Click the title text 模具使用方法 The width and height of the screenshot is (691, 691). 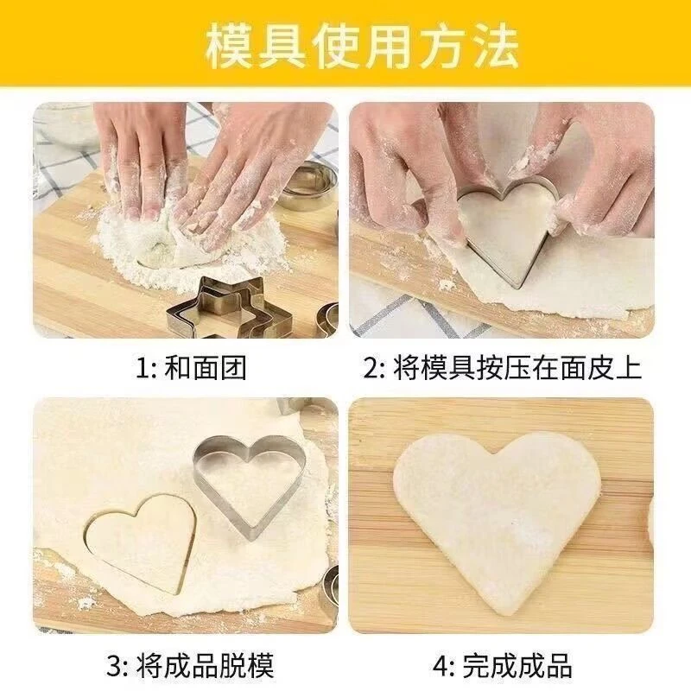345,47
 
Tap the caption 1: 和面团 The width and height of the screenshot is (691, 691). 192,368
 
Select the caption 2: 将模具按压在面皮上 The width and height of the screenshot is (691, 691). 503,368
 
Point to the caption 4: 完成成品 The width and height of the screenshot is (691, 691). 504,666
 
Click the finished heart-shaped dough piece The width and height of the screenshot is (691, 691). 497,510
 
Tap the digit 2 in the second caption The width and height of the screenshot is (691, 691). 372,369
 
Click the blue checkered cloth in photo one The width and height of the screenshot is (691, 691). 60,147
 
